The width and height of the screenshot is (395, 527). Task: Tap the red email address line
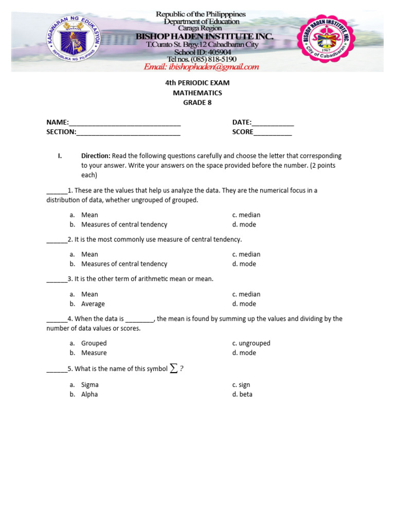201,67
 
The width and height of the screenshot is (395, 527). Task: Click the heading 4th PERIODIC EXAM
197,83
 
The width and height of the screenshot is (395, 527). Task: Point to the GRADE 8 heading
197,102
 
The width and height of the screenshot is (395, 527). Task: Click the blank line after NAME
124,124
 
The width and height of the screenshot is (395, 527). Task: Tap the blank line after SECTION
128,133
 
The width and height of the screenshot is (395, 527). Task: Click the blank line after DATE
273,124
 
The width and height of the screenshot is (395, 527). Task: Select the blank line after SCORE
273,133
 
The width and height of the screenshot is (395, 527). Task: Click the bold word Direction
96,155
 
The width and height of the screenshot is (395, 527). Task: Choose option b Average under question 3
93,304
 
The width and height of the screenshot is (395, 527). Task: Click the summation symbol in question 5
174,368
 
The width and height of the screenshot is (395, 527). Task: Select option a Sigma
90,384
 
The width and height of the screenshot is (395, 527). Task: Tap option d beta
242,394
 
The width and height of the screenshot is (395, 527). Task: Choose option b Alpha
89,394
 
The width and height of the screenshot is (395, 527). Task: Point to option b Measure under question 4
94,353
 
